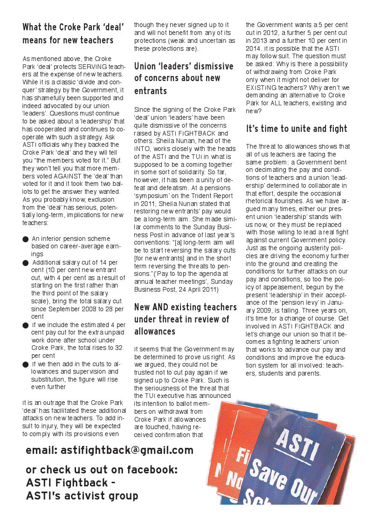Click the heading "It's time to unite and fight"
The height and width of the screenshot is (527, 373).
(297, 129)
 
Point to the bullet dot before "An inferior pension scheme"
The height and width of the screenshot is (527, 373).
(26, 240)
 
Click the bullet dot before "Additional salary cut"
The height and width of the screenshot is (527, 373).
(26, 263)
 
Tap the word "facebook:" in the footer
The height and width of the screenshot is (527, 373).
(151, 470)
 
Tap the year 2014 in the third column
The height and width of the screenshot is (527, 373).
(255, 48)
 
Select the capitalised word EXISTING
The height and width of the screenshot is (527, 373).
(261, 88)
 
